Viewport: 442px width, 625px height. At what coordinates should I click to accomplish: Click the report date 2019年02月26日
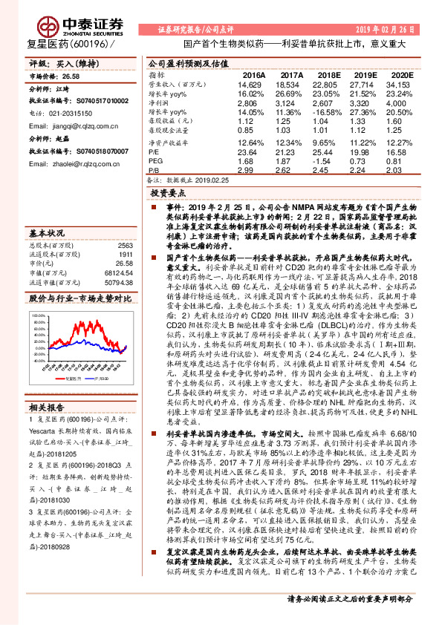394,28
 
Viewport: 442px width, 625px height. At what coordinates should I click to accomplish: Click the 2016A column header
253,76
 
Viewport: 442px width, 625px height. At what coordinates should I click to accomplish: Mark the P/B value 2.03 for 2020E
400,169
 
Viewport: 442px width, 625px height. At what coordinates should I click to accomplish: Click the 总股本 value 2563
124,245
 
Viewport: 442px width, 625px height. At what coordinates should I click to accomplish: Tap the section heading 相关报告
46,408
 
